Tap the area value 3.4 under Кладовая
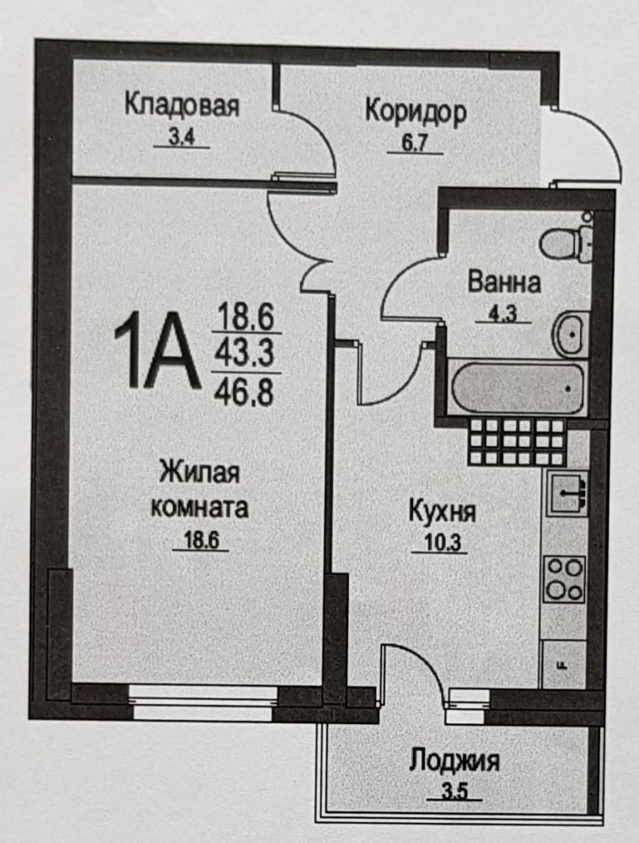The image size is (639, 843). click(181, 137)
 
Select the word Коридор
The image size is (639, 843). click(416, 112)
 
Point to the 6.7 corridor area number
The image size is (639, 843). click(416, 144)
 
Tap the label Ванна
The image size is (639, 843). click(503, 282)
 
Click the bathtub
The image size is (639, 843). click(518, 388)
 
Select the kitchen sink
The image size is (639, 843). click(567, 492)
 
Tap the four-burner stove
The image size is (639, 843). click(564, 579)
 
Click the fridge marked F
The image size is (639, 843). click(563, 664)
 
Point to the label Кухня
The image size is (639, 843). click(442, 511)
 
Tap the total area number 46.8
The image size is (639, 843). click(244, 392)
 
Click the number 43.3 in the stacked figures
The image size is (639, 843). click(244, 352)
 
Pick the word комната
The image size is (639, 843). click(200, 507)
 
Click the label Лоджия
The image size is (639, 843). click(454, 761)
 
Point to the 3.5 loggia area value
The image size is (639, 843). click(454, 793)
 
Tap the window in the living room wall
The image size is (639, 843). click(204, 701)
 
